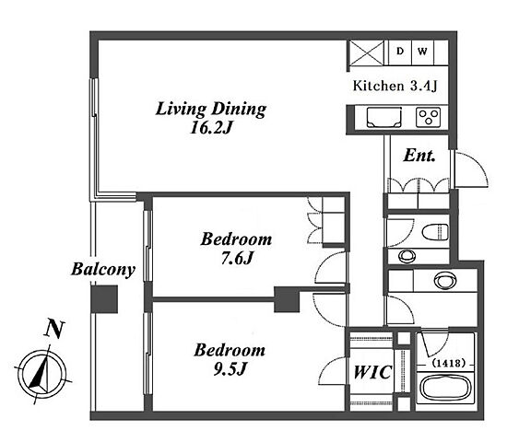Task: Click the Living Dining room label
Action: pyautogui.click(x=211, y=109)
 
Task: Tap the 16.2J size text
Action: pyautogui.click(x=211, y=127)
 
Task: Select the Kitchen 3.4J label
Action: pyautogui.click(x=395, y=86)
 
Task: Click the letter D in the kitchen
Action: pyautogui.click(x=400, y=52)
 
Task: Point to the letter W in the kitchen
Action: pyautogui.click(x=422, y=52)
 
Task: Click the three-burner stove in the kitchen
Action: pyautogui.click(x=429, y=117)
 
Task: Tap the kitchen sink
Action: pyautogui.click(x=384, y=117)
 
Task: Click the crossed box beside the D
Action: pyautogui.click(x=367, y=52)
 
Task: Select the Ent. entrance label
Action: pyautogui.click(x=419, y=156)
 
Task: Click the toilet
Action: pyautogui.click(x=435, y=231)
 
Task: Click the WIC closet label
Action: pyautogui.click(x=372, y=372)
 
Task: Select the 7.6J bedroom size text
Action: pyautogui.click(x=237, y=258)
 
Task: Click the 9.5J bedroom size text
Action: pyautogui.click(x=230, y=368)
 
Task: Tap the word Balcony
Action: pyautogui.click(x=103, y=269)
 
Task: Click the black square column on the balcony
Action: pyautogui.click(x=104, y=299)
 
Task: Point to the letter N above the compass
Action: pyautogui.click(x=54, y=329)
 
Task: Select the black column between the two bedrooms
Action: pyautogui.click(x=287, y=299)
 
